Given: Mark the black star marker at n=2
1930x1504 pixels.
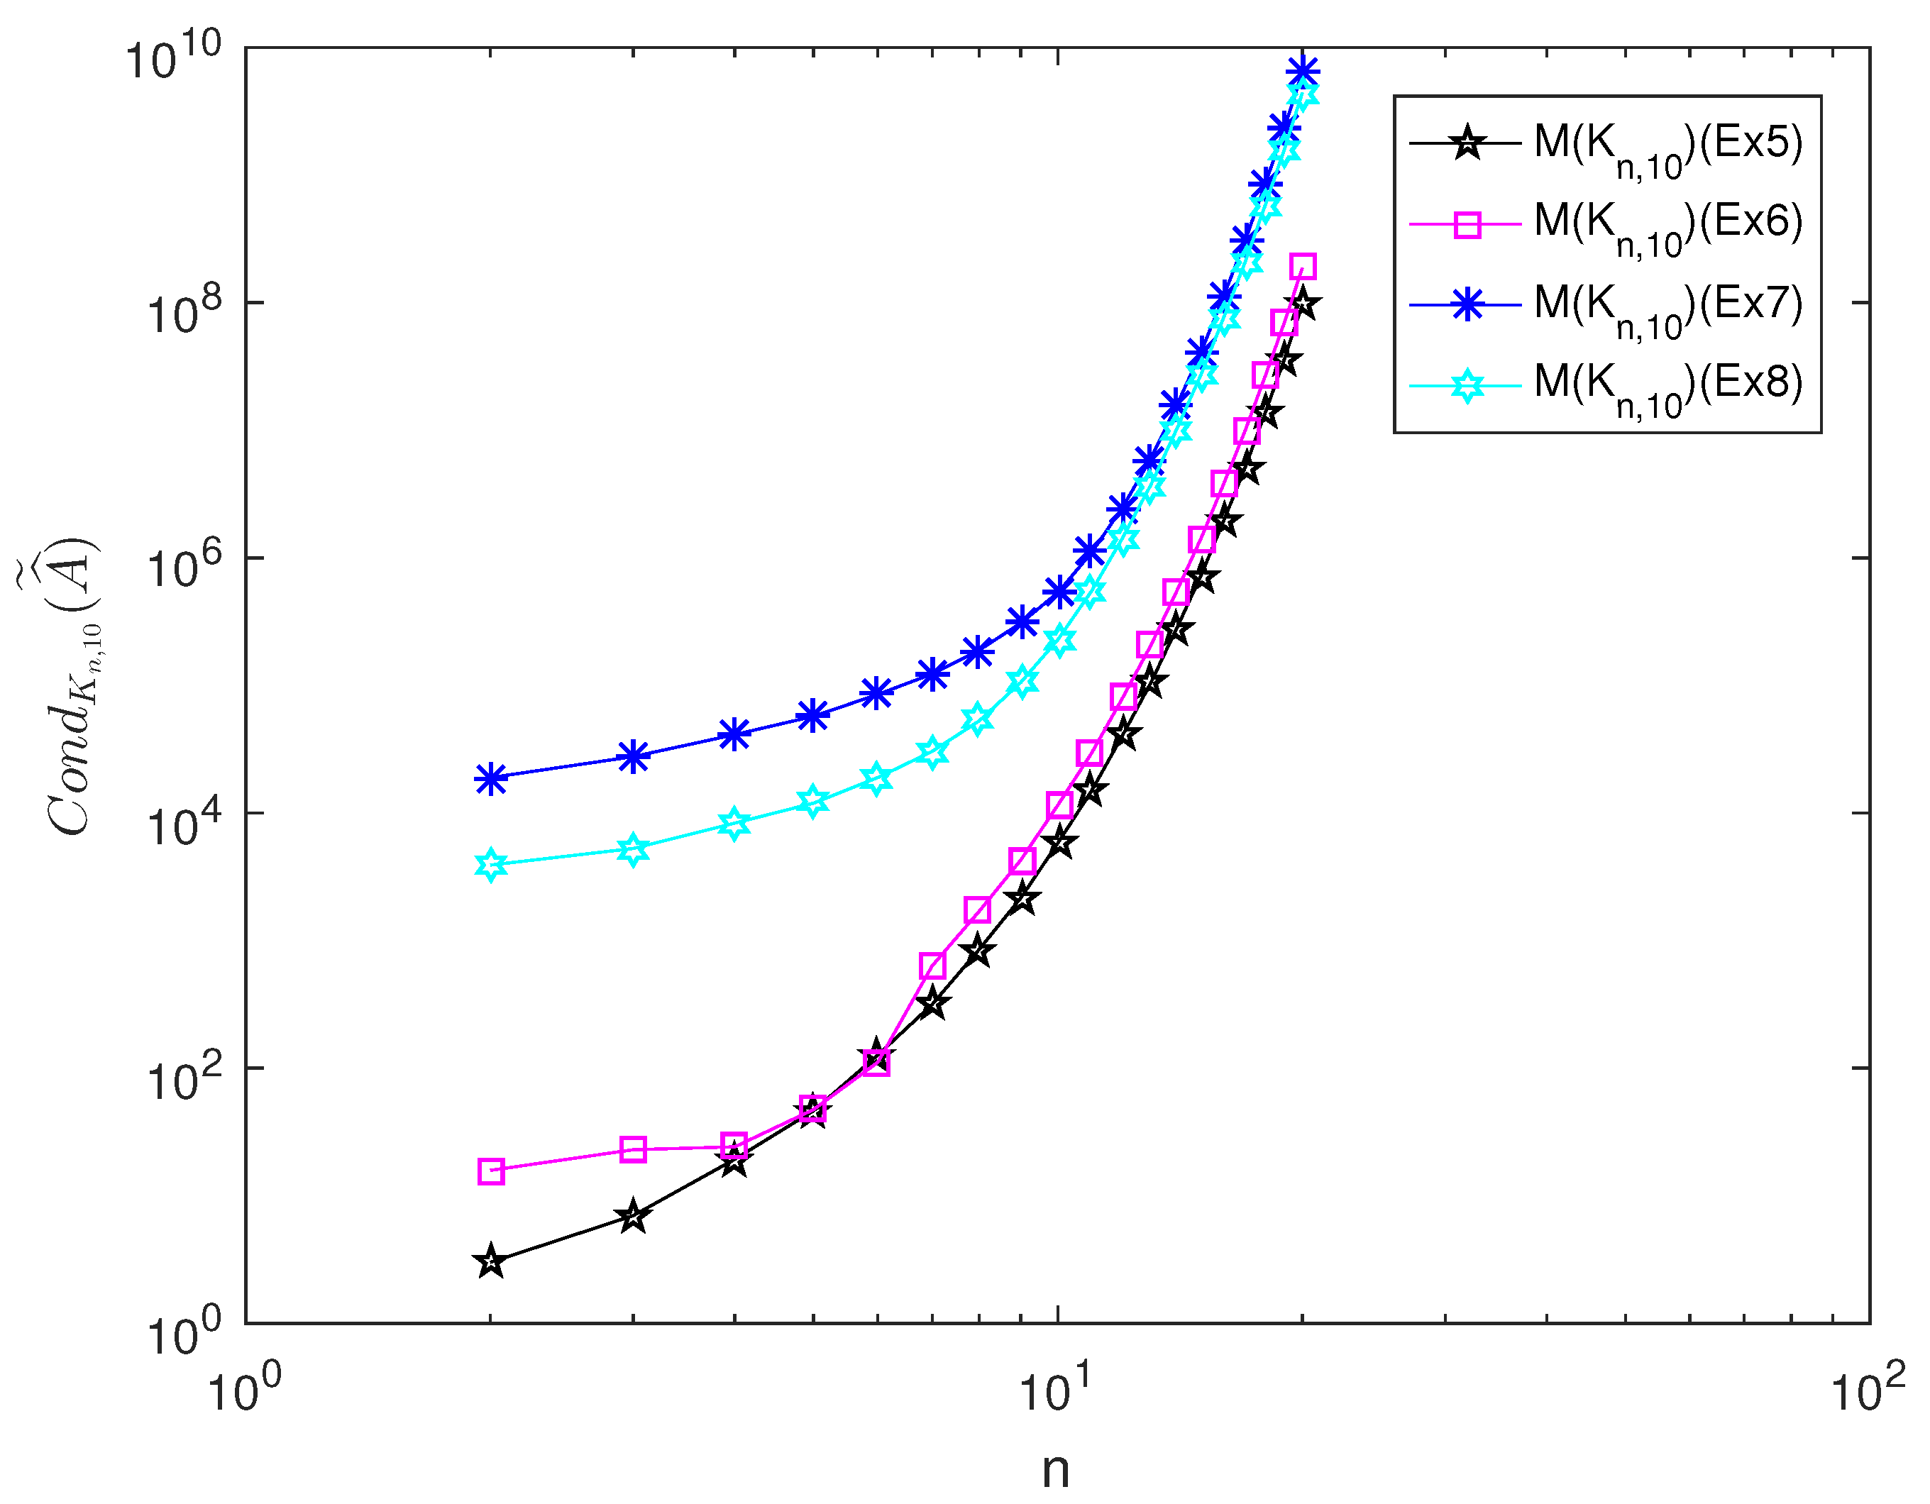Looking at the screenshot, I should tap(491, 1263).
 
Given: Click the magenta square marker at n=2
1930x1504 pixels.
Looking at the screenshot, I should tap(491, 1172).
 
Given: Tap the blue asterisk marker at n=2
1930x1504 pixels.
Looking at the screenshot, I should tap(491, 778).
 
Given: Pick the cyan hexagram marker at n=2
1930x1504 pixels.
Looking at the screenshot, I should tap(491, 865).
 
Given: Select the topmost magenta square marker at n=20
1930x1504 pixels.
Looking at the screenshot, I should tap(1303, 266).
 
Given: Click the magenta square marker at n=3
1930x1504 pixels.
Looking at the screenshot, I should tap(633, 1150).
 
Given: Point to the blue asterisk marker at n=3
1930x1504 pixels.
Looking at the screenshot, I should tap(633, 756).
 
